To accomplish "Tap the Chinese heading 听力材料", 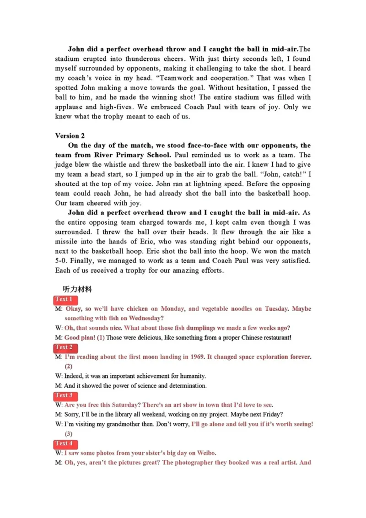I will pos(78,289).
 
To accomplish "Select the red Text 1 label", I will pos(64,299).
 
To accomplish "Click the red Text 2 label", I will pos(64,347).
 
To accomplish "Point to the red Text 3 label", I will pos(64,395).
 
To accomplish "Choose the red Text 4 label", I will pos(64,443).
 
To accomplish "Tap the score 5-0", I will pos(61,261).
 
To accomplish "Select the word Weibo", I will pos(206,453).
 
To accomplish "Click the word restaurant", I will pos(274,338).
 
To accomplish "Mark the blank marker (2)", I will pos(69,366).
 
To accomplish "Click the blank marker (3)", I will pos(69,433).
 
